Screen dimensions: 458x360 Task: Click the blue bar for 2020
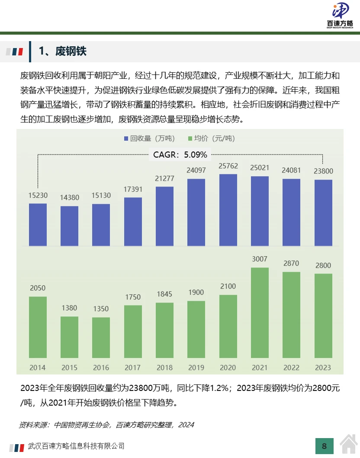point(228,210)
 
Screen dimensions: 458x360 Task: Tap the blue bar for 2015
point(69,226)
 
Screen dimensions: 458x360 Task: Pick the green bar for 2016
point(101,338)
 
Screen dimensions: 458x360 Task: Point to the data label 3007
point(260,259)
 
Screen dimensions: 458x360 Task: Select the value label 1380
point(69,308)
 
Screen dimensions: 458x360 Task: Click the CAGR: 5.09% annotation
point(180,154)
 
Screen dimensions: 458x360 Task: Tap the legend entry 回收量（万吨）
point(150,139)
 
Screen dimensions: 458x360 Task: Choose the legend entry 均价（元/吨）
point(210,139)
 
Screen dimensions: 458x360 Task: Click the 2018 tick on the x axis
point(164,368)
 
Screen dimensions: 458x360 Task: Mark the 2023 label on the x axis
point(323,368)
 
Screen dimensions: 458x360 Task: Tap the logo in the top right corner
point(340,15)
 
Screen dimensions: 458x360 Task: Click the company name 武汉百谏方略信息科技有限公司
point(76,446)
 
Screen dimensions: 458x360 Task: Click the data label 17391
point(132,190)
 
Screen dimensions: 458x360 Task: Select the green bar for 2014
point(38,327)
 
